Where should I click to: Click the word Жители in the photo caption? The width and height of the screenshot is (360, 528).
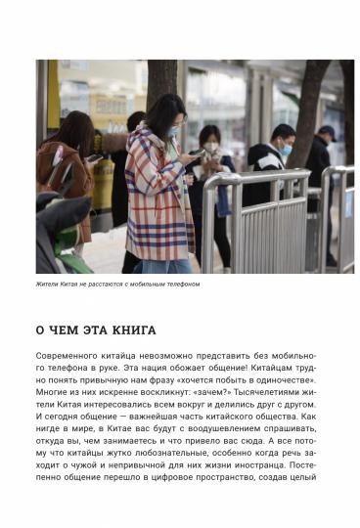(48, 285)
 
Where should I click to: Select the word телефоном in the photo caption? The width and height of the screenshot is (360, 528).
(182, 285)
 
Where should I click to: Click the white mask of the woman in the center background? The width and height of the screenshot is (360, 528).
(211, 146)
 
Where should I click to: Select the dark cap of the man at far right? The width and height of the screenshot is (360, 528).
(326, 130)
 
